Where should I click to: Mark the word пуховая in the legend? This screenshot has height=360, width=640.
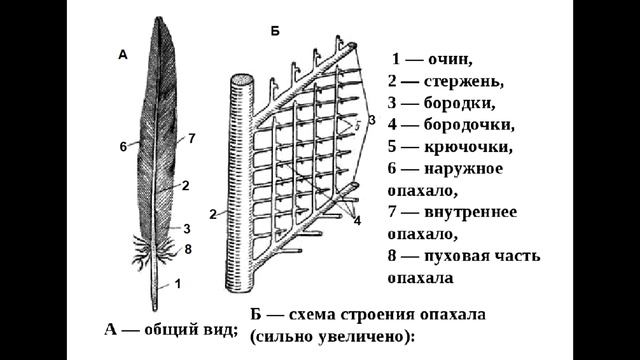pos(466,257)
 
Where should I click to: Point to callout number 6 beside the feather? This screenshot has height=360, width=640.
pos(123,147)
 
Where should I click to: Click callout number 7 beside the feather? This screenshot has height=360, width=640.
pos(191,137)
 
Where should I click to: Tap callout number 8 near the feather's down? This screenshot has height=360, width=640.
pos(188,247)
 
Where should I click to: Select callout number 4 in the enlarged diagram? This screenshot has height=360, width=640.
pos(357,219)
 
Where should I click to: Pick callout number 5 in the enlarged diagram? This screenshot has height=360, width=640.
pos(353,128)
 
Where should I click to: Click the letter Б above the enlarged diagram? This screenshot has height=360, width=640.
pos(275,32)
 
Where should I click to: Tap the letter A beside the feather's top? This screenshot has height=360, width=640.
pos(123,57)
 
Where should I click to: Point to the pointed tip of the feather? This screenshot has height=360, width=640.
pos(160,18)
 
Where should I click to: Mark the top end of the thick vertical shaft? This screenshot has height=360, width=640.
pos(241,79)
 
